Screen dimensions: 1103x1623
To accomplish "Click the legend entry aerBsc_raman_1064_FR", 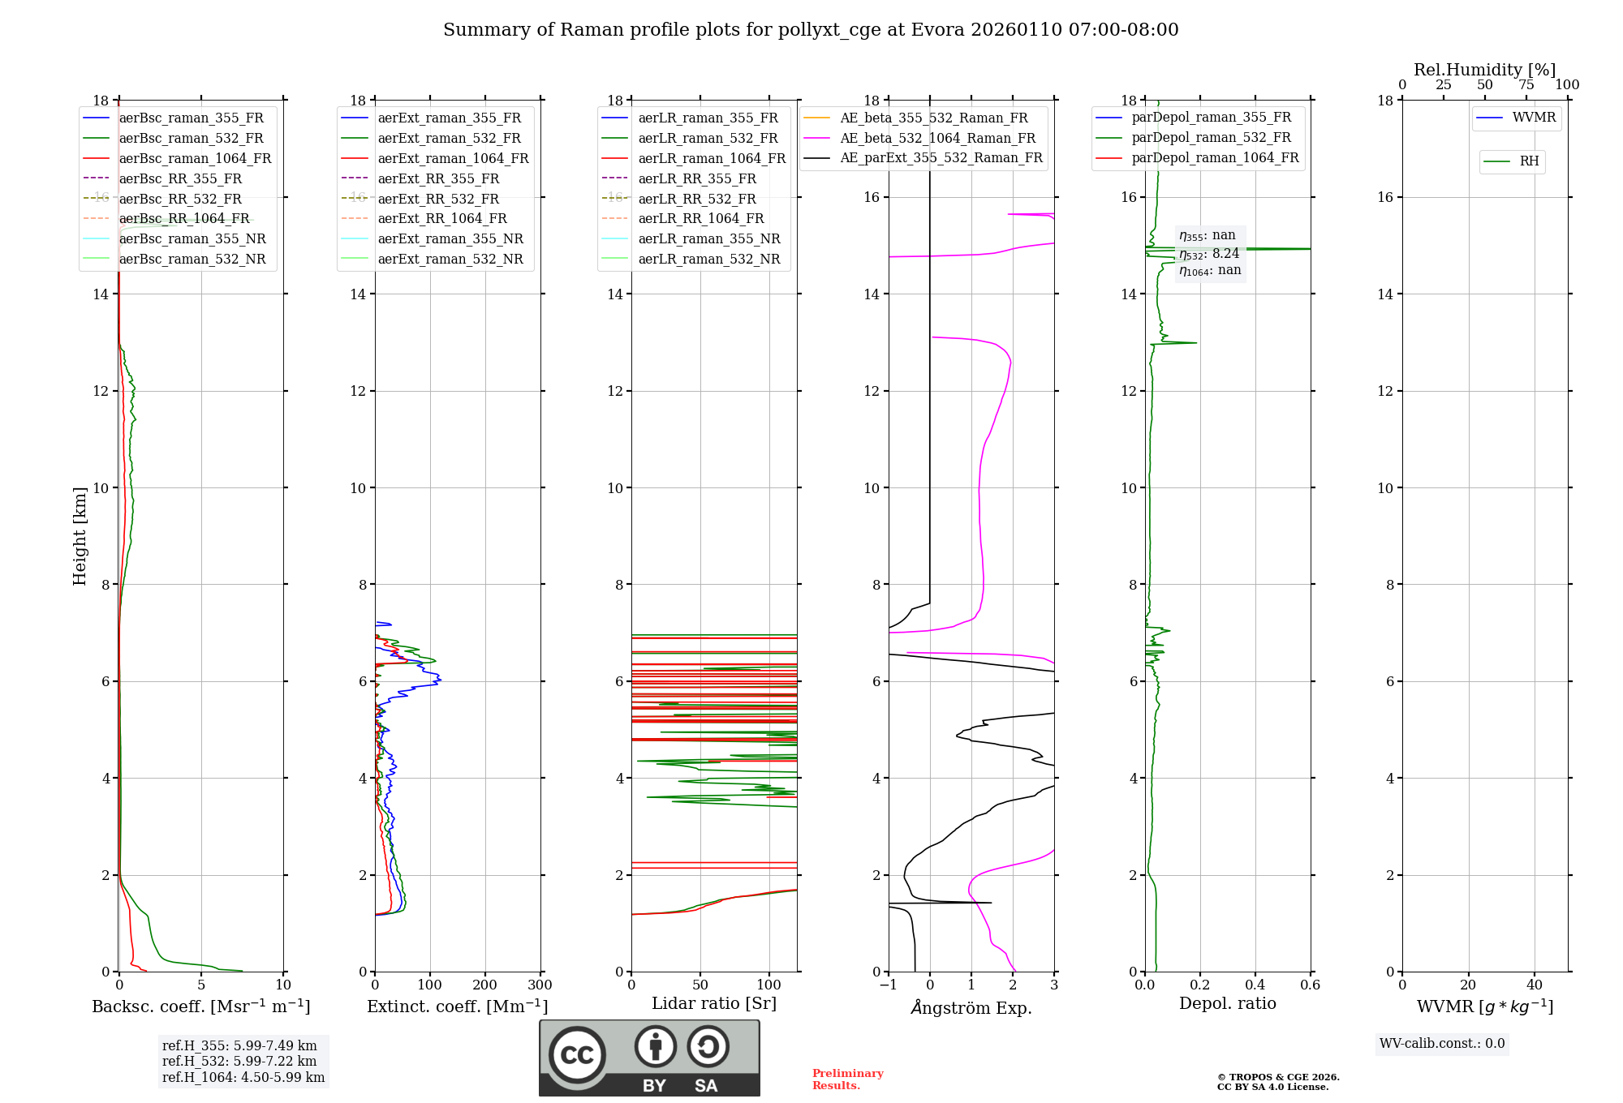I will pyautogui.click(x=195, y=159).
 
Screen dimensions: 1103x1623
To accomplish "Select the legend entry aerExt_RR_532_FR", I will pyautogui.click(x=438, y=200).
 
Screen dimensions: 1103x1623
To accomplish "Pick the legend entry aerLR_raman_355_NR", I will pyautogui.click(x=708, y=239).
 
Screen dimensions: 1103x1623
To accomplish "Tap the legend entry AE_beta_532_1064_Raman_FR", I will pyautogui.click(x=937, y=139).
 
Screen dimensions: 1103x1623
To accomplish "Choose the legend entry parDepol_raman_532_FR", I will pyautogui.click(x=1211, y=138).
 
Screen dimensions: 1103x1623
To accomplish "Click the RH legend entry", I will pyautogui.click(x=1529, y=162).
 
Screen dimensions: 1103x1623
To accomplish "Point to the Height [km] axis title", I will pyautogui.click(x=80, y=536).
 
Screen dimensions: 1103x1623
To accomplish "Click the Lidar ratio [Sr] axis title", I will pyautogui.click(x=714, y=1004).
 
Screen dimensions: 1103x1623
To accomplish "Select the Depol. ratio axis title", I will pyautogui.click(x=1227, y=1004).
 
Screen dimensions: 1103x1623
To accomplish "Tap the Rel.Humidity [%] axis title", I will pyautogui.click(x=1484, y=70).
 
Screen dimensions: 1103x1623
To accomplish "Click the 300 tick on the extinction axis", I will pyautogui.click(x=540, y=985).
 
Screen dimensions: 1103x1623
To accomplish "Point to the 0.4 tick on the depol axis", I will pyautogui.click(x=1255, y=985).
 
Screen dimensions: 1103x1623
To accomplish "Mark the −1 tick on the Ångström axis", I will pyautogui.click(x=889, y=985).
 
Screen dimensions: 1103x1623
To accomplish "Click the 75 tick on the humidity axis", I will pyautogui.click(x=1526, y=85).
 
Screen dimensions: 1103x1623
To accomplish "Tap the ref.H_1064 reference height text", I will pyautogui.click(x=243, y=1078).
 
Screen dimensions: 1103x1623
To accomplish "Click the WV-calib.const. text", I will pyautogui.click(x=1442, y=1044).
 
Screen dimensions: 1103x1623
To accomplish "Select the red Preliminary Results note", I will pyautogui.click(x=847, y=1079).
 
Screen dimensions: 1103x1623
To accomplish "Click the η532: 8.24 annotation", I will pyautogui.click(x=1209, y=254).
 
